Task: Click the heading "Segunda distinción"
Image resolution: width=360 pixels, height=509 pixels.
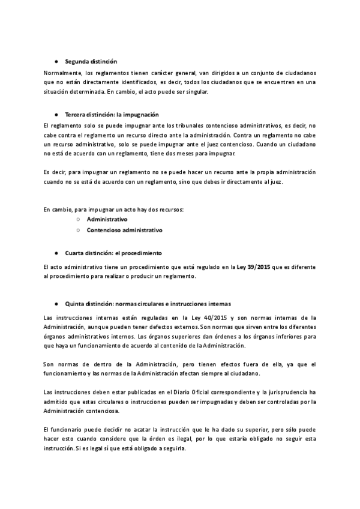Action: coord(91,62)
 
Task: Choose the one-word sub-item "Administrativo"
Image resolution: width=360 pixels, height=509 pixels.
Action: coord(107,220)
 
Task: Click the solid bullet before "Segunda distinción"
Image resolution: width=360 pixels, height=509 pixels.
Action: coord(56,62)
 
